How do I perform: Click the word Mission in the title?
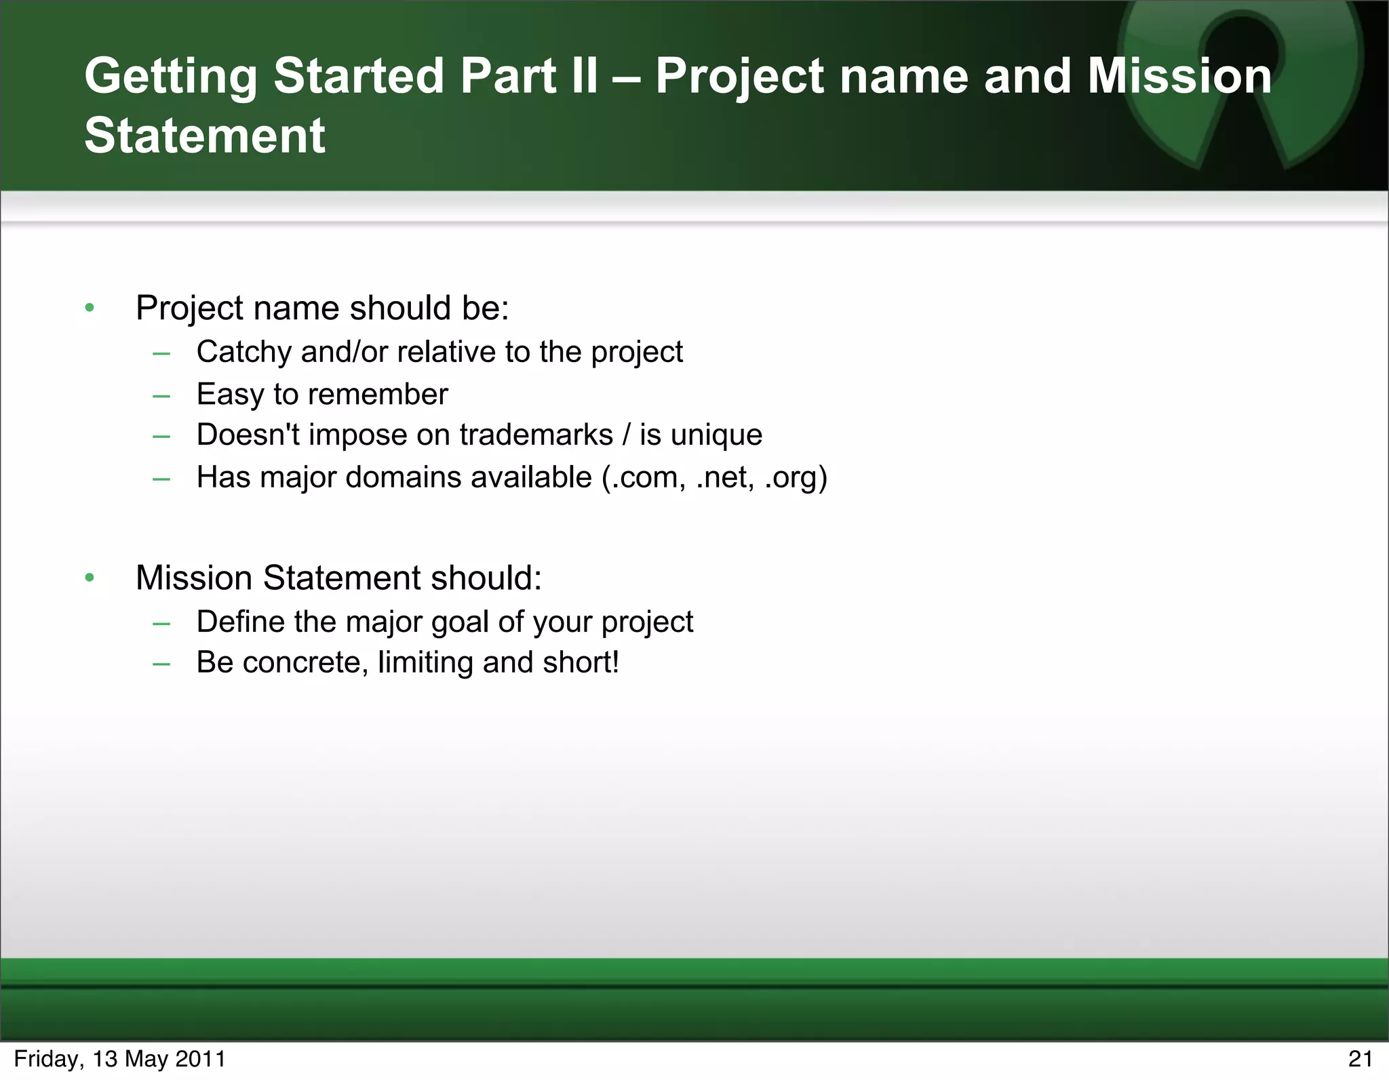[x=1179, y=75]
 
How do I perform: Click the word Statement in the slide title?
[x=205, y=135]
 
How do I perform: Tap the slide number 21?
[x=1360, y=1058]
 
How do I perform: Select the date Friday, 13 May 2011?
[x=119, y=1058]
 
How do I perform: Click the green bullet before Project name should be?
[x=90, y=308]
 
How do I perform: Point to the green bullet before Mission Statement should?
[x=90, y=578]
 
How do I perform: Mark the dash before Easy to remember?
[x=161, y=395]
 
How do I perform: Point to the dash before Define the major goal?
[x=161, y=622]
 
